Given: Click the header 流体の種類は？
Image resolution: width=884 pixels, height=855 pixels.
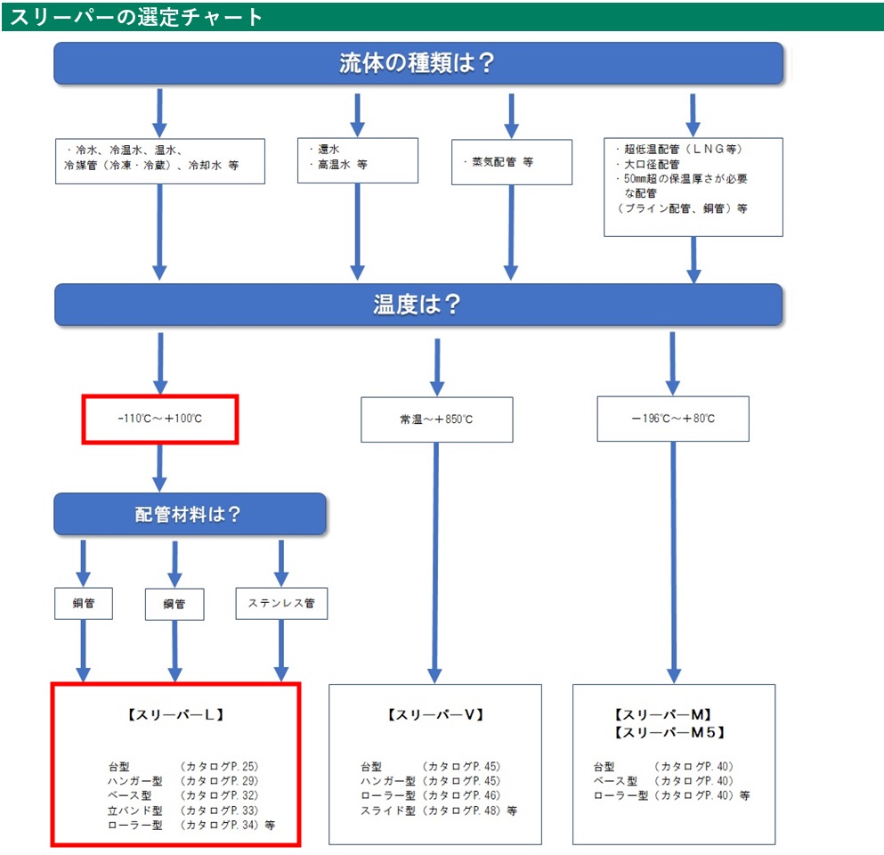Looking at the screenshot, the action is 418,63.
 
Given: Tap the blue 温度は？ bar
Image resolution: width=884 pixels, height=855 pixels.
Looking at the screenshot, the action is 418,305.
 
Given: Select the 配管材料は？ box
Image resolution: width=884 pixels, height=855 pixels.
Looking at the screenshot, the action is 190,514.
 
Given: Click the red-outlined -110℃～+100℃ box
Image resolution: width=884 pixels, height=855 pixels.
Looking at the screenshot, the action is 160,419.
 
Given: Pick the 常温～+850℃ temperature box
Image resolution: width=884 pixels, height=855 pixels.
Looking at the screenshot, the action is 437,419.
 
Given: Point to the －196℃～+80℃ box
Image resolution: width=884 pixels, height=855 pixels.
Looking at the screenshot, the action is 673,419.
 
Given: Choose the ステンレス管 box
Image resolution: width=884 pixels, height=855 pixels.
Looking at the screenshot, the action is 281,604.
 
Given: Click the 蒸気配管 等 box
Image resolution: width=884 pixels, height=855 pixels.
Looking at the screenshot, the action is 511,162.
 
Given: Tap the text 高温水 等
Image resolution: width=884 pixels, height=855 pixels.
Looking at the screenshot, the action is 342,164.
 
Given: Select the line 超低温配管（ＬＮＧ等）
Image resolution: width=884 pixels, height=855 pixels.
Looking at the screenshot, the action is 683,149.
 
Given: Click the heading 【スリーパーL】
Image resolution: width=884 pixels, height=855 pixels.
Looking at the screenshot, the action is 176,714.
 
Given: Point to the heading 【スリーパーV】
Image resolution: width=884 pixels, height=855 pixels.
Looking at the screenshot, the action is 435,714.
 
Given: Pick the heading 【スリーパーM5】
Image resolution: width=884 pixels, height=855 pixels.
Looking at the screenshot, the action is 669,732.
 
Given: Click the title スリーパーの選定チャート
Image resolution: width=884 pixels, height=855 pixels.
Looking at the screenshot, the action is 136,17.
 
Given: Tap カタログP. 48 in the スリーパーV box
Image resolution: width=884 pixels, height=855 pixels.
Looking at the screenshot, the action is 461,810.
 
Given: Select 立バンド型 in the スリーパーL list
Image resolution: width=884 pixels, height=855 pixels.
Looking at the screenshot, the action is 135,810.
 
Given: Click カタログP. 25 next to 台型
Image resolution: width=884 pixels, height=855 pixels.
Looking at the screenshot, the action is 219,767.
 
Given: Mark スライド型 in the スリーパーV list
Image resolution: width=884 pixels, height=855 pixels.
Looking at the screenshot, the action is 388,810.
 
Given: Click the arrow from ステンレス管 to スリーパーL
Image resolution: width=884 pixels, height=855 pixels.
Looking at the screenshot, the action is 281,651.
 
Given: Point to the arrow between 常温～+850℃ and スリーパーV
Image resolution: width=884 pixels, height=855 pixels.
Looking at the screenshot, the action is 435,563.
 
